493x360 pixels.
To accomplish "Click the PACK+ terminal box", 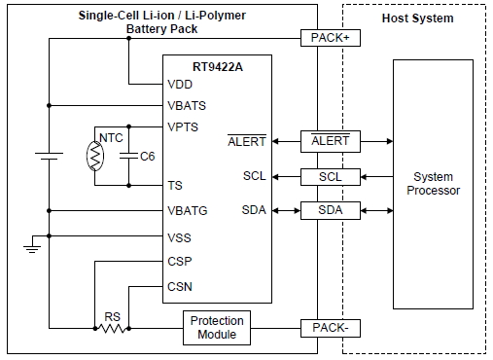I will click(x=331, y=38).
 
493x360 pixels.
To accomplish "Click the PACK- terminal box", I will click(x=331, y=328).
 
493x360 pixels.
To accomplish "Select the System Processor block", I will click(x=433, y=184).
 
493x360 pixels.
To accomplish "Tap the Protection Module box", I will click(x=218, y=328).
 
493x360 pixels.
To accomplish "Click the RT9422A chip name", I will click(x=216, y=66).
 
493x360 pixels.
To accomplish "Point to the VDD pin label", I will click(x=180, y=85).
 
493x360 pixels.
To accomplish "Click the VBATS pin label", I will click(x=187, y=105).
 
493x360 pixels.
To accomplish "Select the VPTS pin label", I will click(x=184, y=126).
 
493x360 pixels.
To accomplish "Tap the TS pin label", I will click(x=175, y=184).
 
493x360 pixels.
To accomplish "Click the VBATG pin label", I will click(x=187, y=210).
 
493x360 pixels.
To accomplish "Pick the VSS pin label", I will click(x=180, y=236).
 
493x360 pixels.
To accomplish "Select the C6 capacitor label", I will click(x=148, y=156).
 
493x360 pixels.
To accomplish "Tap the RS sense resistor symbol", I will click(x=113, y=329).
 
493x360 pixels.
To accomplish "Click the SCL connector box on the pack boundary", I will click(x=331, y=176).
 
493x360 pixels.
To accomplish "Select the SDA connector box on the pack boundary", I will click(x=331, y=211).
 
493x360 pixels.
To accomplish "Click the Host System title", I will click(x=417, y=18).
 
